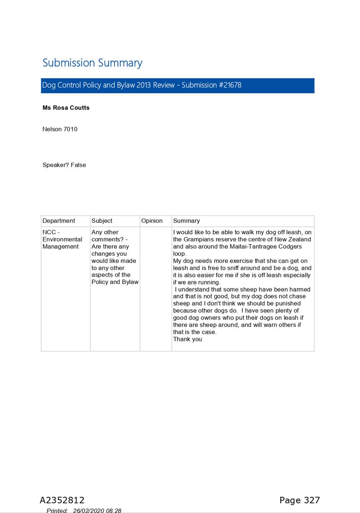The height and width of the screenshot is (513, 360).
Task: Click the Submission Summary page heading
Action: coord(92,63)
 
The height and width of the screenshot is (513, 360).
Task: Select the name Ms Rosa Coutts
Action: coord(66,108)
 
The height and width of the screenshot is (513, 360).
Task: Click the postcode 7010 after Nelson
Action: coord(70,129)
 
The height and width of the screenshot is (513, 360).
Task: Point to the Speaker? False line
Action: coord(64,165)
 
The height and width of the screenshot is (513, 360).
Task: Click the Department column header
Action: coord(59,221)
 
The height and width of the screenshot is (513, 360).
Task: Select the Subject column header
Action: coord(102,221)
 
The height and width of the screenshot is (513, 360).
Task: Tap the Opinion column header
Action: coord(152,221)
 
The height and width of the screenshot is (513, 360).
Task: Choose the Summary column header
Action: coord(186,221)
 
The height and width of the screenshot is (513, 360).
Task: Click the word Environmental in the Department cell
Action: coord(62,239)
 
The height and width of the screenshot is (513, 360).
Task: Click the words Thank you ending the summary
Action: coord(187,339)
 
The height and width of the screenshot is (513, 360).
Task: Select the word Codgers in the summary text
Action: coord(290,246)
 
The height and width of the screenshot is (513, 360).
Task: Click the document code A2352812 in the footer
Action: coord(62,500)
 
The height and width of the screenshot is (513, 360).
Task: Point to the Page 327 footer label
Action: coord(299,500)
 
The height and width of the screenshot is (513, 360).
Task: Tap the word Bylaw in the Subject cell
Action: coord(130,282)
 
